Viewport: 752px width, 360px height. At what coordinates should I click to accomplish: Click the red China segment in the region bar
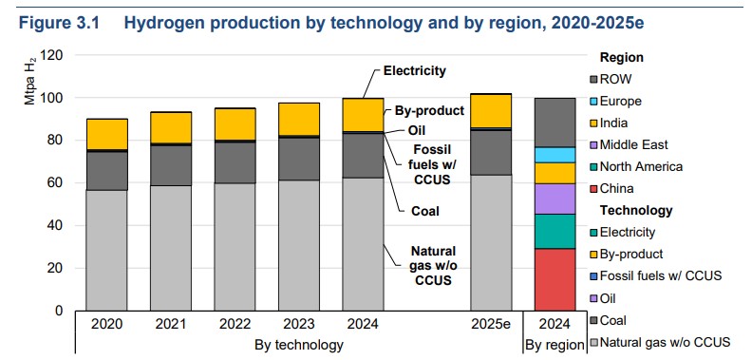555,279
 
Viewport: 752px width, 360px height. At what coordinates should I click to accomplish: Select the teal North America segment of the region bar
555,232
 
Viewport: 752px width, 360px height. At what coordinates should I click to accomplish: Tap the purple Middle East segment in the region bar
555,199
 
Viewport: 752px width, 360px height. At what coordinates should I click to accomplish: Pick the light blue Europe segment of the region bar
555,155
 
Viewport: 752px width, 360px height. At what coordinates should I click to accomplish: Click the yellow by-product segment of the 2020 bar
106,134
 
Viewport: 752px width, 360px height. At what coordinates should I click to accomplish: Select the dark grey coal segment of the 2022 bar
235,162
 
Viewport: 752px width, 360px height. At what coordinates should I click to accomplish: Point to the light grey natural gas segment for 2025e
491,242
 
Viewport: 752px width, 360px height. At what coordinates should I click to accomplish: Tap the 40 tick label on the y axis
56,226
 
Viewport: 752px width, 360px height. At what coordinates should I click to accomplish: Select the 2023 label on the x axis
299,325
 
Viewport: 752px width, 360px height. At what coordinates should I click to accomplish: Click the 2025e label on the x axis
491,325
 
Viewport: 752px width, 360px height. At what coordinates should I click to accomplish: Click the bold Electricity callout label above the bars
415,71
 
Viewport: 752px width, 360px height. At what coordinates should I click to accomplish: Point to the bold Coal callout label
425,211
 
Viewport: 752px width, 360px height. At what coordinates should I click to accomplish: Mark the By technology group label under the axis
299,345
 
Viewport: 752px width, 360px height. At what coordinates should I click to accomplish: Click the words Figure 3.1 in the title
59,23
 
